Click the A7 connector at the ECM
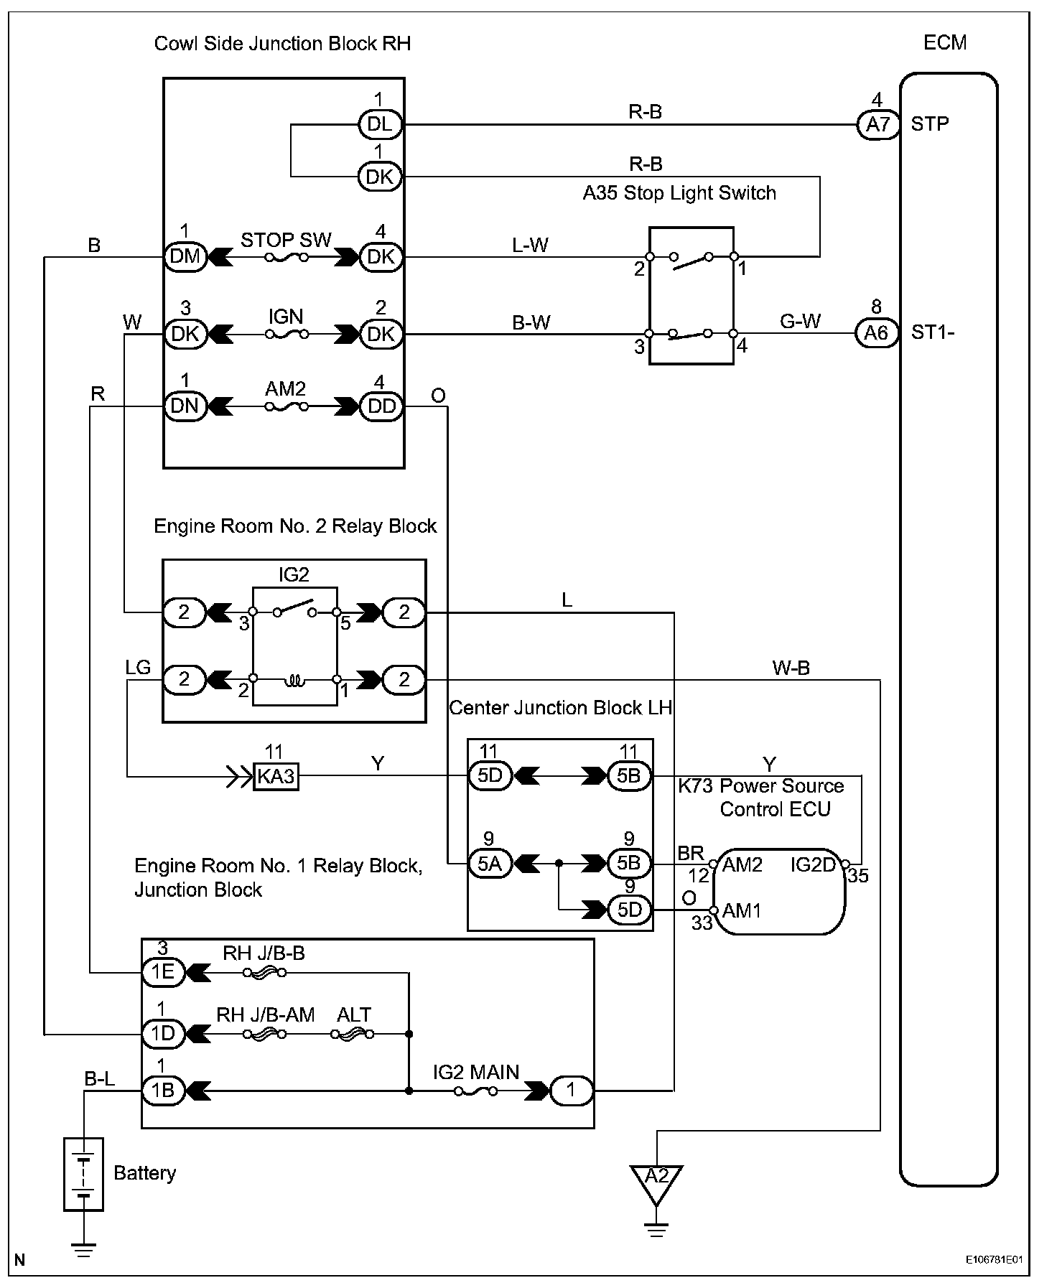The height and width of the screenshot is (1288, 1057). pyautogui.click(x=877, y=124)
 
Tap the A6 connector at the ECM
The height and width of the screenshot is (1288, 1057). pyautogui.click(x=876, y=333)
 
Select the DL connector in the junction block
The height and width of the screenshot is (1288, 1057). pyautogui.click(x=380, y=124)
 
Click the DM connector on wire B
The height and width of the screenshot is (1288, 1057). pyautogui.click(x=185, y=256)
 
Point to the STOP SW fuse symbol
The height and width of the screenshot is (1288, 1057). pyautogui.click(x=286, y=257)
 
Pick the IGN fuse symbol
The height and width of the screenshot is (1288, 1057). pyautogui.click(x=286, y=334)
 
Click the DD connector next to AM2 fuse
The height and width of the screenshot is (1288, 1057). pyautogui.click(x=381, y=406)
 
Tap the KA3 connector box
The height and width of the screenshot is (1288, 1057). pyautogui.click(x=276, y=776)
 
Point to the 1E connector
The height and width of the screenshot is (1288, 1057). pyautogui.click(x=163, y=972)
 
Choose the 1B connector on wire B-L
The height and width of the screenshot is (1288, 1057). pyautogui.click(x=163, y=1091)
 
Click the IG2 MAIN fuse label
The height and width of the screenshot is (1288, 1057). pyautogui.click(x=475, y=1073)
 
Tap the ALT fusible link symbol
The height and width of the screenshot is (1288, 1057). pyautogui.click(x=353, y=1035)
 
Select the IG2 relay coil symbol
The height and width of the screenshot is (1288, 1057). pyautogui.click(x=294, y=679)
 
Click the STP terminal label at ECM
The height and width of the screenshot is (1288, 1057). pyautogui.click(x=929, y=124)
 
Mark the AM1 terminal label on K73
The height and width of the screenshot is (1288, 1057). pyautogui.click(x=742, y=911)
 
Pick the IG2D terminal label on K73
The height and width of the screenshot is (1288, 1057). pyautogui.click(x=813, y=865)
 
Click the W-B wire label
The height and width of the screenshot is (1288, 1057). pyautogui.click(x=791, y=668)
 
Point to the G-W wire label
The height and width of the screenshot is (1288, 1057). pyautogui.click(x=800, y=321)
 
